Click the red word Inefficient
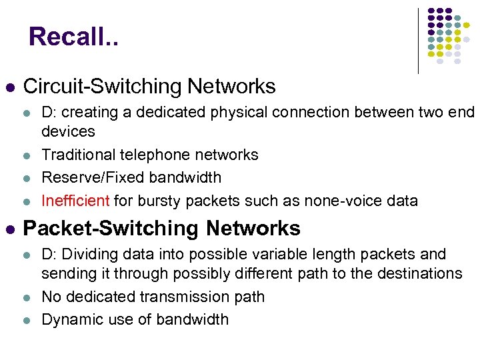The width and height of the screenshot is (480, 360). (75, 201)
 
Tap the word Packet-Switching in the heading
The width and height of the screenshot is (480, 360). (111, 229)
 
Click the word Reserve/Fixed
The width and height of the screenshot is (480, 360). (84, 177)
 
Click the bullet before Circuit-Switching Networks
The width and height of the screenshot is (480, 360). (9, 87)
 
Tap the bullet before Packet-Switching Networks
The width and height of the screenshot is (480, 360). (9, 229)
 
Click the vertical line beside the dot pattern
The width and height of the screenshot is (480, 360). (418, 40)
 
